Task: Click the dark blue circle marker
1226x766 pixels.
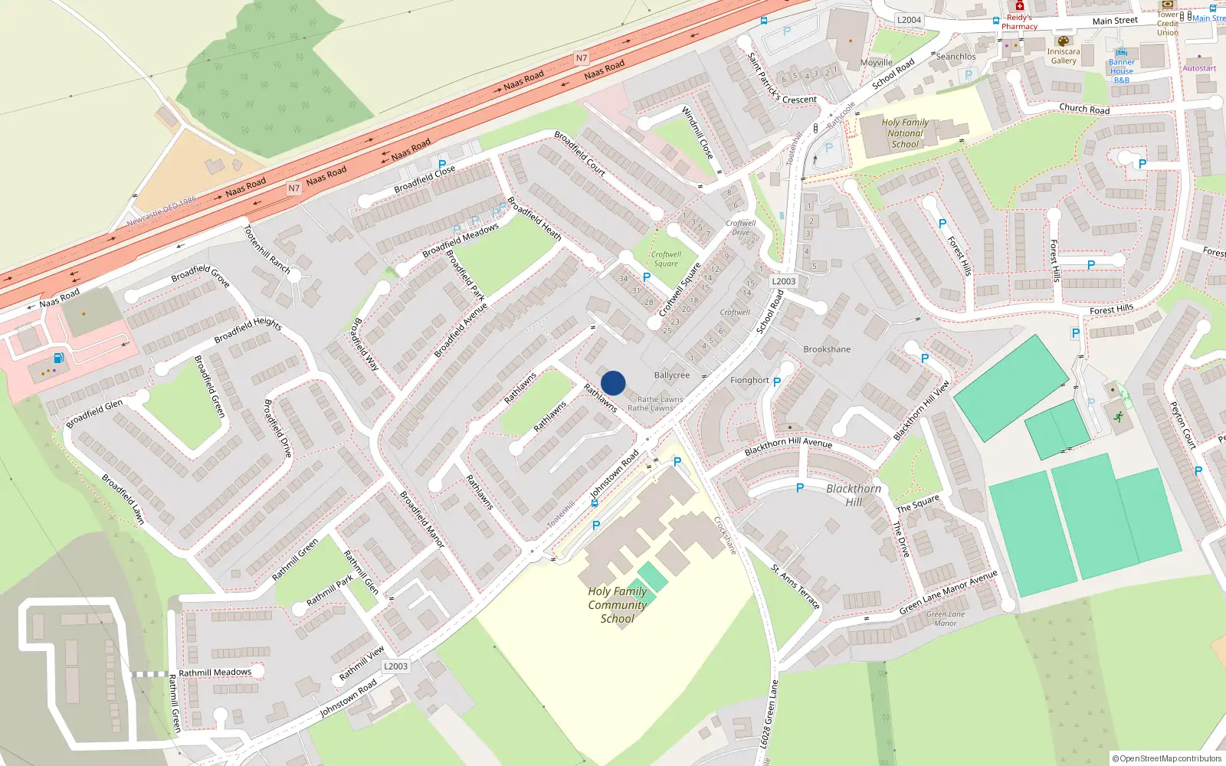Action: pyautogui.click(x=613, y=383)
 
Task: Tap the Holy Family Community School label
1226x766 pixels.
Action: pyautogui.click(x=618, y=605)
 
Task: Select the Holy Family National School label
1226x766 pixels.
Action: pyautogui.click(x=905, y=133)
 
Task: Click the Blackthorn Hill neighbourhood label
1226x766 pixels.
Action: pyautogui.click(x=854, y=495)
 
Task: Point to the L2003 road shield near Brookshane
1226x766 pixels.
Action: pyautogui.click(x=783, y=281)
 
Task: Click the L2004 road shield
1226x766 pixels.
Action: pyautogui.click(x=909, y=20)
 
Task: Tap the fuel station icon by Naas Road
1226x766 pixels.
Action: pyautogui.click(x=58, y=358)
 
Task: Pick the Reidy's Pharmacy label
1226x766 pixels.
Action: pyautogui.click(x=1019, y=21)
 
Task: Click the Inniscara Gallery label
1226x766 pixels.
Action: pyautogui.click(x=1064, y=56)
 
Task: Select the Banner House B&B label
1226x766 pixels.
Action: pyautogui.click(x=1122, y=71)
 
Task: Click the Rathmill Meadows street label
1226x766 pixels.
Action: pyautogui.click(x=215, y=673)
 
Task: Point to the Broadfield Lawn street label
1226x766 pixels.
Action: pyautogui.click(x=123, y=499)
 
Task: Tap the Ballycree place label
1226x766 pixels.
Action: pyautogui.click(x=672, y=375)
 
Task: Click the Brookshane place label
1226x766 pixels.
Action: pyautogui.click(x=827, y=349)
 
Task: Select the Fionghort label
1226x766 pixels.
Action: pyautogui.click(x=749, y=380)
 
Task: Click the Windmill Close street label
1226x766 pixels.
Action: pyautogui.click(x=697, y=133)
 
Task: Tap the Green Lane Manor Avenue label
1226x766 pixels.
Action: pyautogui.click(x=949, y=592)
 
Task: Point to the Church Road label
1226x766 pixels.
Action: pyautogui.click(x=1084, y=109)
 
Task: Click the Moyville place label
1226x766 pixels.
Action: pyautogui.click(x=877, y=63)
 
